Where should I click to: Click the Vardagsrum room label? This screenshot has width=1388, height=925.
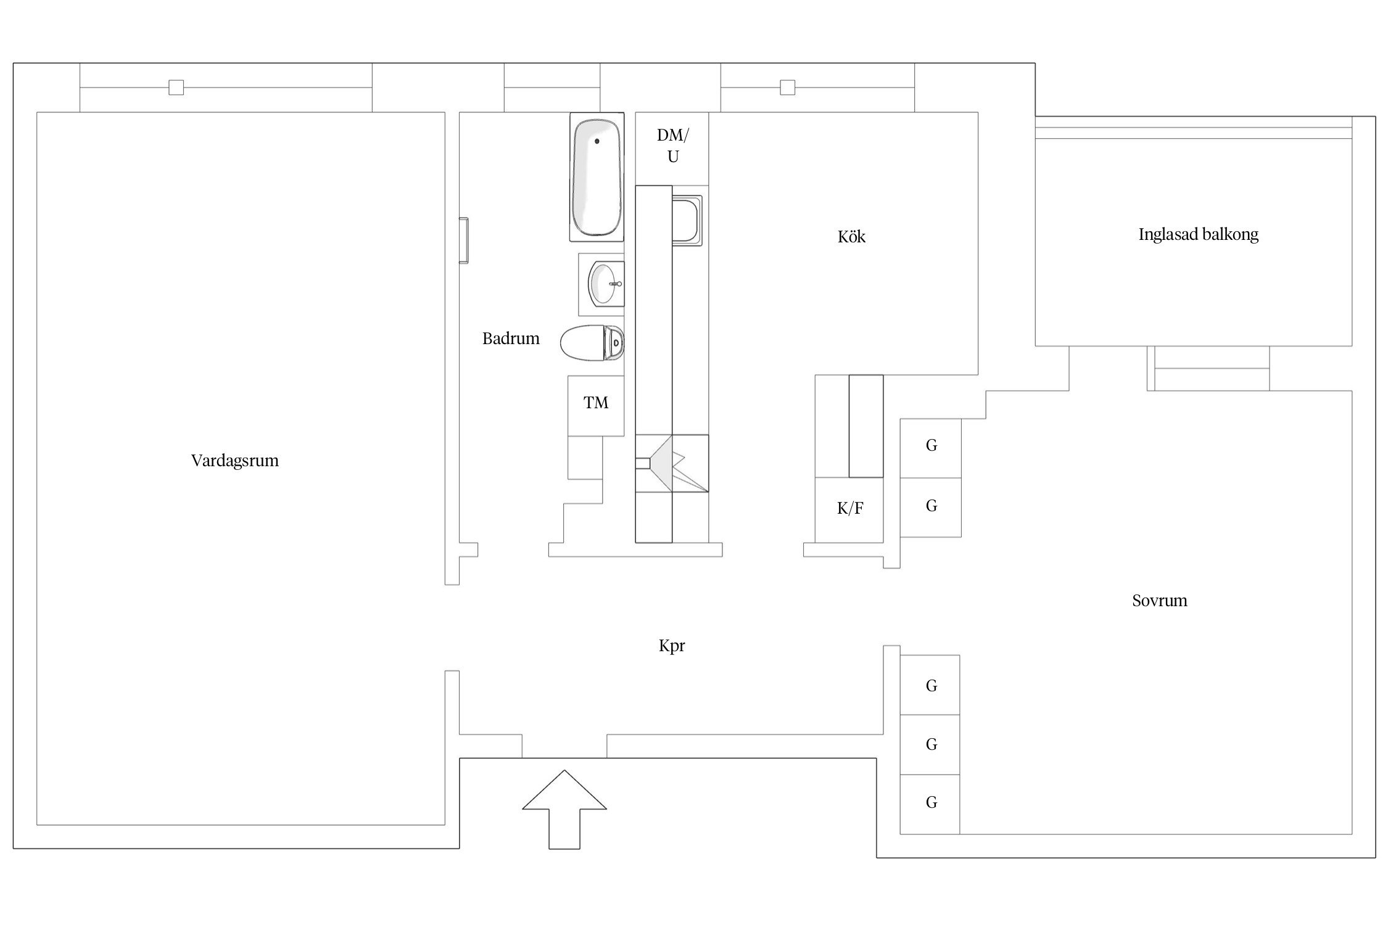tap(234, 461)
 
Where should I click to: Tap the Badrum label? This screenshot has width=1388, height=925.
tap(510, 339)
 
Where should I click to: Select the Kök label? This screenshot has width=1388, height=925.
tap(851, 237)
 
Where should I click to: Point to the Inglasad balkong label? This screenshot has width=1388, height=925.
tap(1198, 234)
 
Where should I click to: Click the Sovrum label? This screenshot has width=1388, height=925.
tap(1159, 601)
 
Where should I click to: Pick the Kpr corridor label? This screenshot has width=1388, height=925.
tap(672, 646)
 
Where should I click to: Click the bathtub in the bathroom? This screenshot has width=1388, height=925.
tap(596, 178)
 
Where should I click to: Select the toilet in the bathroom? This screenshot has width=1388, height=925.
tap(591, 342)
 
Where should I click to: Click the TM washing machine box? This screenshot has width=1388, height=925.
tap(595, 403)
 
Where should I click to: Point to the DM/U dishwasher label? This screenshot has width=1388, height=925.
tap(672, 146)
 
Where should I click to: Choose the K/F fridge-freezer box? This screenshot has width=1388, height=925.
tap(849, 509)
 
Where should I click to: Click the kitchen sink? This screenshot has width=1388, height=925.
tap(685, 220)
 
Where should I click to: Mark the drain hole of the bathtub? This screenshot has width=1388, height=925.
tap(597, 141)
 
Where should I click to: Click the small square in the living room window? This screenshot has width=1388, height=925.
tap(176, 88)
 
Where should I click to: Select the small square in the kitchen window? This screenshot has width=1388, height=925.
tap(787, 88)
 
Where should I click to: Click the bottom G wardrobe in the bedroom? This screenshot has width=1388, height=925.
tap(930, 803)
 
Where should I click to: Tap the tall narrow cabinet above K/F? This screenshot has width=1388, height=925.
tap(865, 425)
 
